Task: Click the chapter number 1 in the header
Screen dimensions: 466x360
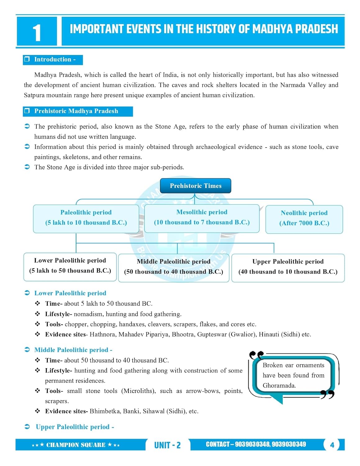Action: pos(37,33)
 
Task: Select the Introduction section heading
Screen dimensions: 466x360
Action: pos(53,60)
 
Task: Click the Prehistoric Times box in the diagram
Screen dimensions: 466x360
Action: pos(195,186)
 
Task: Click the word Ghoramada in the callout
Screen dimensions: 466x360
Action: pos(279,386)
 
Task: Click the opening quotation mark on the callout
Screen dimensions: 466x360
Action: pos(256,355)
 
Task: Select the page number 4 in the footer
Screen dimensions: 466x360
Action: pos(332,445)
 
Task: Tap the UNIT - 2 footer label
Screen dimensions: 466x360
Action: pos(167,445)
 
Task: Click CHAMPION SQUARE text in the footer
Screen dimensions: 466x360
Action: pos(76,445)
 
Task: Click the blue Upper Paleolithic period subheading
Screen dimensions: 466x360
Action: pos(73,427)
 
